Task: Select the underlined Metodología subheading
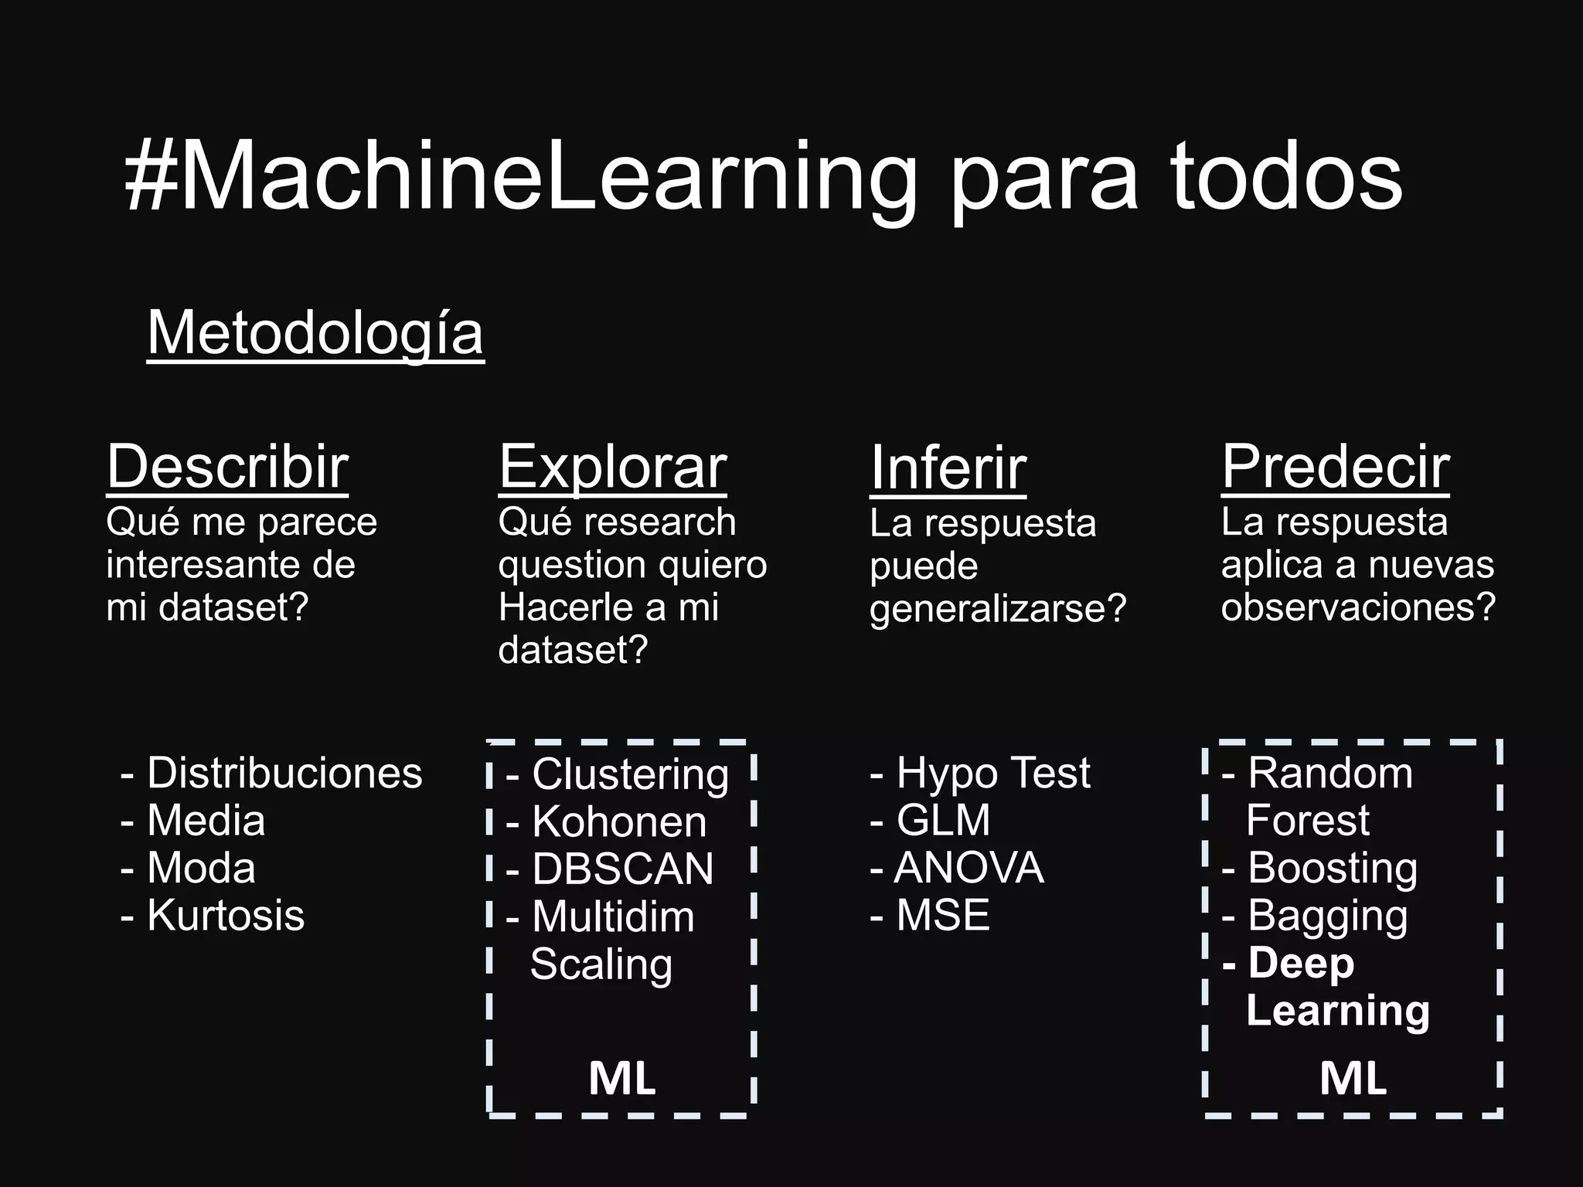315,334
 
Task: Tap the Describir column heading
227,467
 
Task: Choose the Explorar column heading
612,467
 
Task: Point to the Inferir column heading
948,468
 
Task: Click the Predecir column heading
1335,467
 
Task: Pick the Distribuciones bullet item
284,774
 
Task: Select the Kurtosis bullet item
225,916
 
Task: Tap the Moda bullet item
201,868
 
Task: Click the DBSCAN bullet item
622,869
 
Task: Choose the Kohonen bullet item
618,821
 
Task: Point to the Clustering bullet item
629,774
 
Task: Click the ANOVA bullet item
968,868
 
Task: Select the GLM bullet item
942,821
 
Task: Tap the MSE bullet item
942,916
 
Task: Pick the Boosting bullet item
1332,869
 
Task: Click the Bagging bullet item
1327,917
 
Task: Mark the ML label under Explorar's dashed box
621,1079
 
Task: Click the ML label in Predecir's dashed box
1353,1079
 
